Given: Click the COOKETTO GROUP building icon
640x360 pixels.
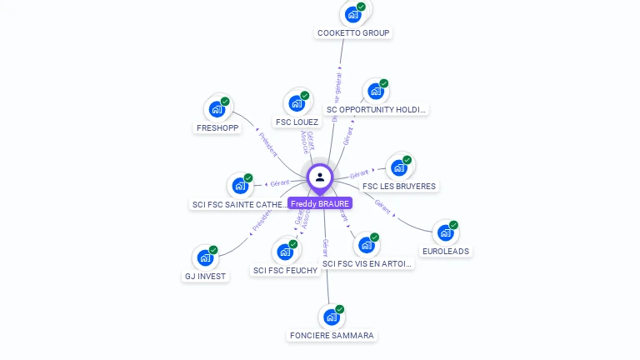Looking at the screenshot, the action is click(x=353, y=14).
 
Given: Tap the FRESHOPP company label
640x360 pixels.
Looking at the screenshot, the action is click(x=217, y=128).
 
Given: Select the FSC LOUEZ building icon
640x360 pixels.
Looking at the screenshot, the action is click(x=296, y=103).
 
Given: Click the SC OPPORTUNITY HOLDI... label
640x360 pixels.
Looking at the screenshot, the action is click(x=377, y=109).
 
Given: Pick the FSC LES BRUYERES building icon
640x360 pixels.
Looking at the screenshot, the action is click(x=398, y=167).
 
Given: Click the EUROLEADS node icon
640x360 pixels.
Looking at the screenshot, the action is click(x=445, y=232).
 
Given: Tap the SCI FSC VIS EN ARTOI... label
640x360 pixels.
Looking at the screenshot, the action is click(x=367, y=263).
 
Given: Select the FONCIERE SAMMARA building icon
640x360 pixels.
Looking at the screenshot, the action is click(x=331, y=317).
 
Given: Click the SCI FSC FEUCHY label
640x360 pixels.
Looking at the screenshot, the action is click(x=286, y=270).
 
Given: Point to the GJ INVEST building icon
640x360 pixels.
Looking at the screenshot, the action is click(x=204, y=258).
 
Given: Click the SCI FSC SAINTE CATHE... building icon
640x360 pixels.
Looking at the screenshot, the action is click(x=239, y=186).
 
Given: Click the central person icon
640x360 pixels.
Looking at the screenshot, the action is click(x=320, y=177).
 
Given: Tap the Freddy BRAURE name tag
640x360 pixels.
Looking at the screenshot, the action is click(x=320, y=203).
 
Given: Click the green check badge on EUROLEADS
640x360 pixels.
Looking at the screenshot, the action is click(x=454, y=224).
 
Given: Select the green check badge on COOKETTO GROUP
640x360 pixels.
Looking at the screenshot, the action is click(x=362, y=7).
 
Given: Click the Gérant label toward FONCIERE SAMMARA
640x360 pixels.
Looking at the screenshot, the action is click(x=326, y=248).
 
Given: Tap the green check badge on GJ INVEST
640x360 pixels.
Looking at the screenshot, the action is click(x=213, y=250).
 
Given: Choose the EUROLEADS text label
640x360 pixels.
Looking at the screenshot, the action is click(x=445, y=251).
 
